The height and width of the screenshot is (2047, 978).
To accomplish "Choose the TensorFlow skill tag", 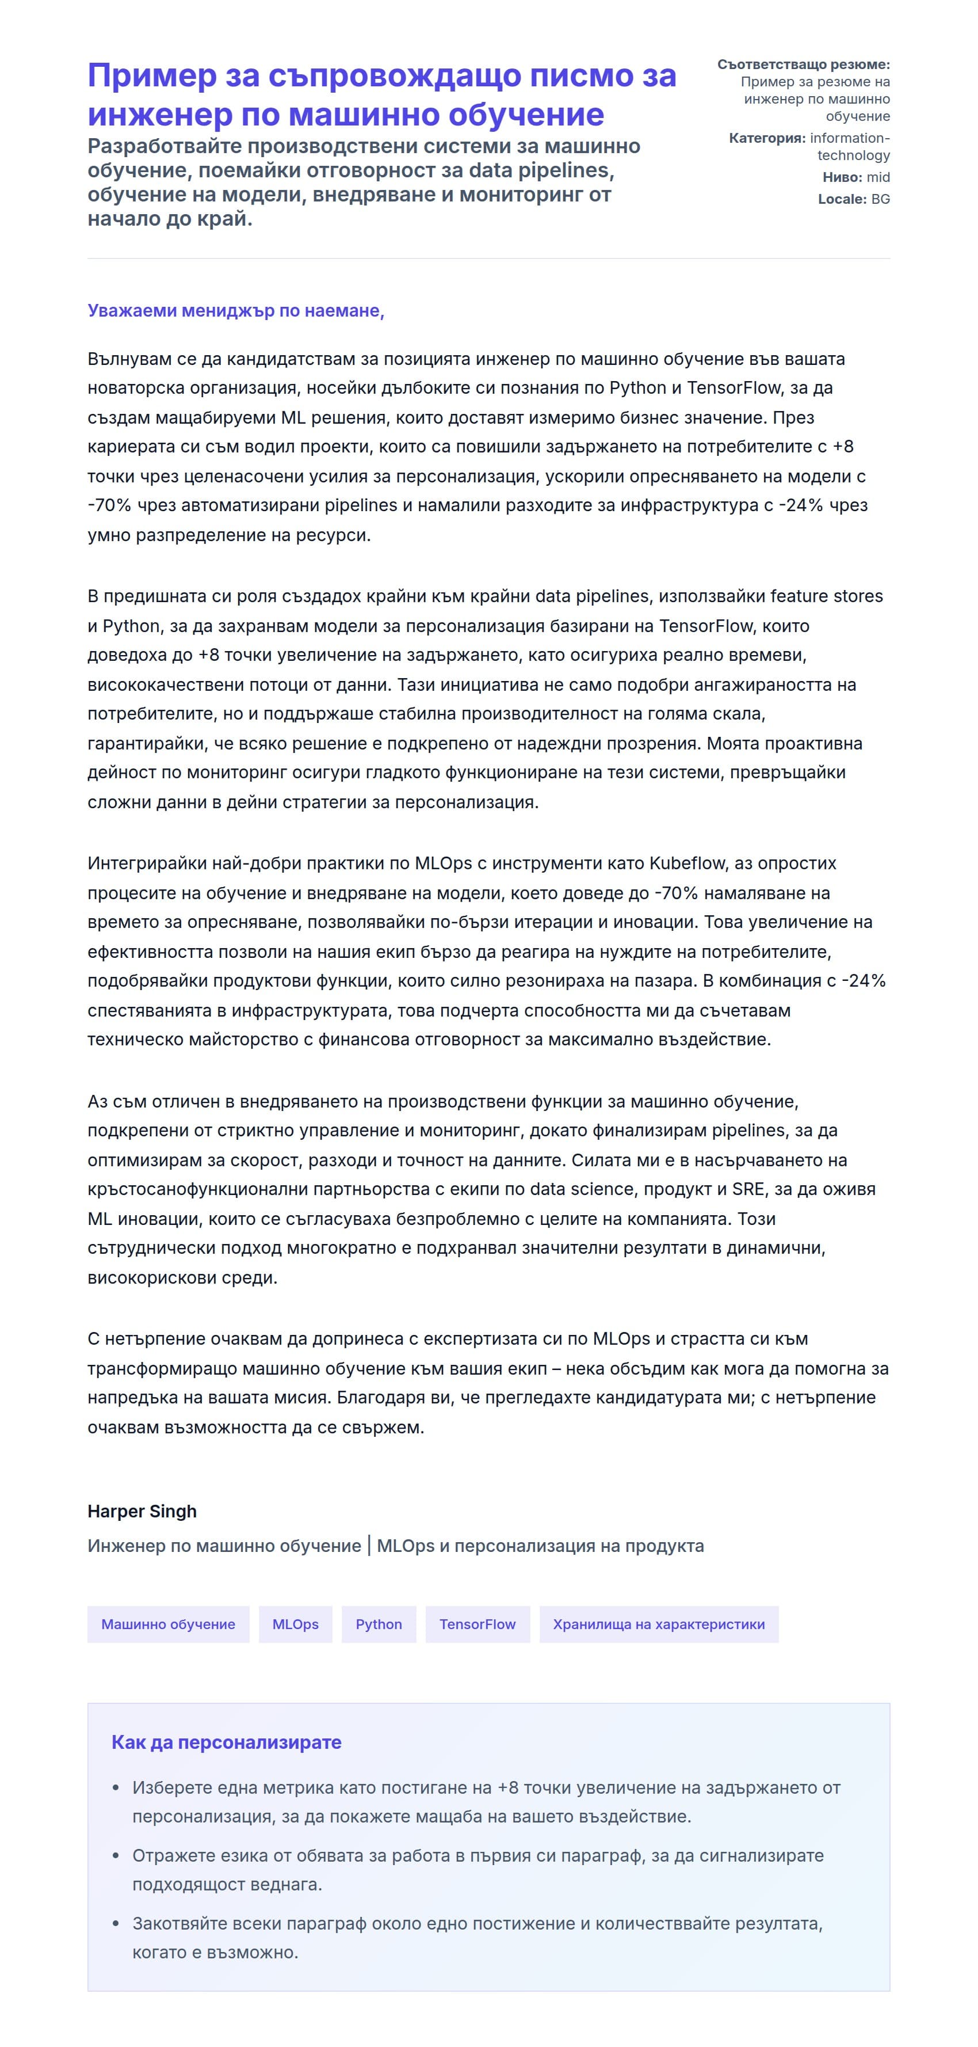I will [477, 1624].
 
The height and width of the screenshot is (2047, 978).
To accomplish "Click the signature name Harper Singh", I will [142, 1512].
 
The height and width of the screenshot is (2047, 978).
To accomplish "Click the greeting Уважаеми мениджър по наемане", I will [235, 311].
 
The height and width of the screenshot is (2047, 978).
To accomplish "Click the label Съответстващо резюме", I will [803, 64].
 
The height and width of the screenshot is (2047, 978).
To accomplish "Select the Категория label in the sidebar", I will [766, 138].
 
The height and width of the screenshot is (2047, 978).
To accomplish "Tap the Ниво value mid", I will [878, 177].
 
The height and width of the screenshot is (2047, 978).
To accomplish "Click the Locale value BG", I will [880, 199].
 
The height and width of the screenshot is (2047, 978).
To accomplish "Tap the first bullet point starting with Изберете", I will [486, 1788].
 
